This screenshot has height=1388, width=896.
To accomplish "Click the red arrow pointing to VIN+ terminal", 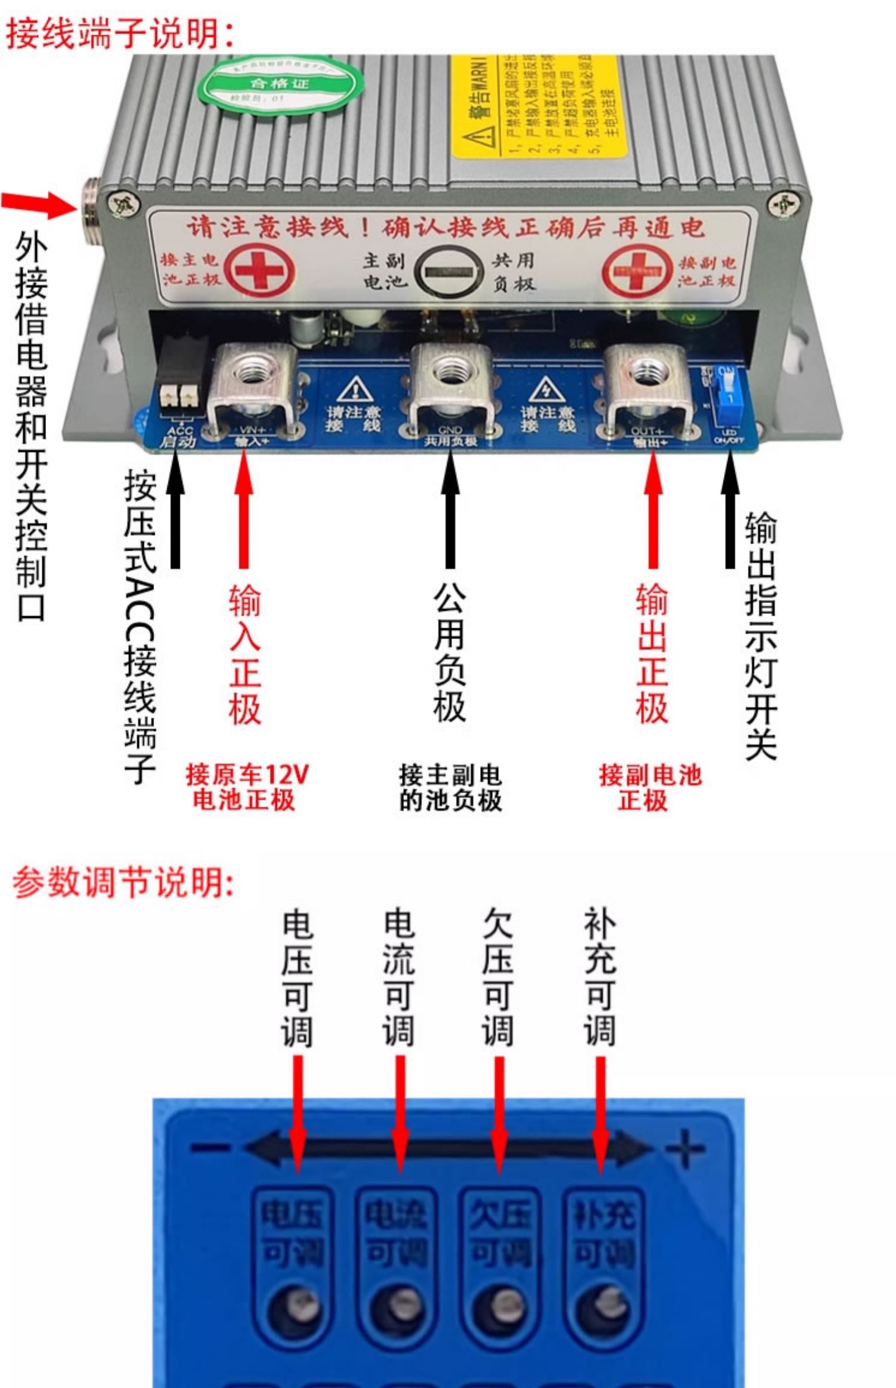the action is pos(243,508).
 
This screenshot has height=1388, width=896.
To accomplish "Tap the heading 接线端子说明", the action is pos(119,33).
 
